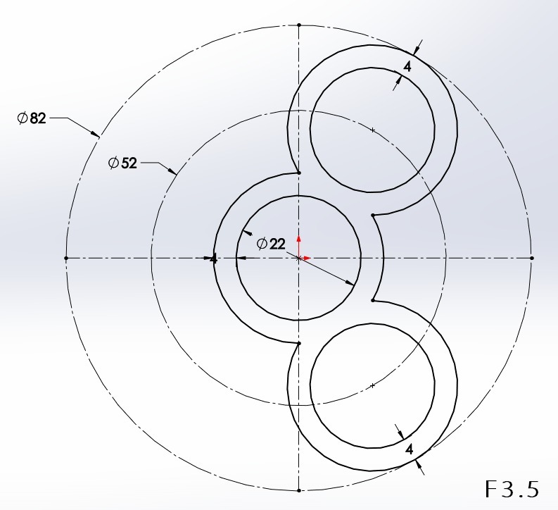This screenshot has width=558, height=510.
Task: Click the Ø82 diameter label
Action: (32, 118)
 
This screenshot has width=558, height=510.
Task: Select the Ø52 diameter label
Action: (122, 163)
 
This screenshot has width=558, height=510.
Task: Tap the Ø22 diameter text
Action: (271, 244)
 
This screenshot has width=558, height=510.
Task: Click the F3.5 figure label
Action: (512, 489)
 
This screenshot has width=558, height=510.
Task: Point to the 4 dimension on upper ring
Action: (407, 66)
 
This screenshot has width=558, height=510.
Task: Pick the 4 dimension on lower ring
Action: (410, 449)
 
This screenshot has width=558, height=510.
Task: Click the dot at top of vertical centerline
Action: (299, 25)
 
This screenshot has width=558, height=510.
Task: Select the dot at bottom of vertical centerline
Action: (299, 490)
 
